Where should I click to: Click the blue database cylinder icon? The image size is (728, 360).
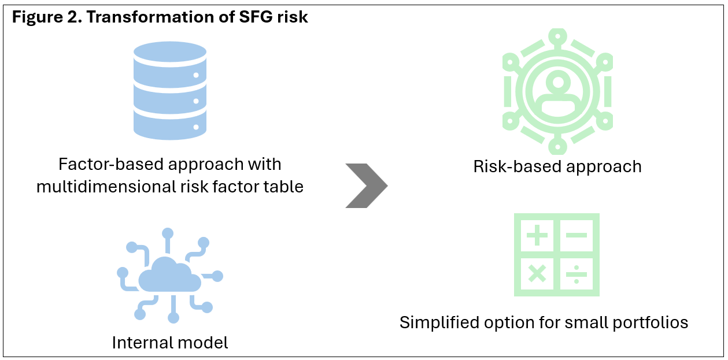pos(170,91)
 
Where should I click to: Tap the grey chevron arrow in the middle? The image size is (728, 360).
pos(367,185)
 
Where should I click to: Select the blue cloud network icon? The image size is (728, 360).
pos(170,276)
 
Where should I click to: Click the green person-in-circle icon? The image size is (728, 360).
pos(557,91)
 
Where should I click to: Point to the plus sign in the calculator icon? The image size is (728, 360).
pos(537,235)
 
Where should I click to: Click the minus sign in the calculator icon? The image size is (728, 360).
pos(577,235)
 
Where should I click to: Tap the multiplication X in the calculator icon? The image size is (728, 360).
pos(537,273)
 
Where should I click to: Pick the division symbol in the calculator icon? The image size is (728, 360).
pos(577,274)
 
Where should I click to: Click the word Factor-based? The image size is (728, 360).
pos(111,164)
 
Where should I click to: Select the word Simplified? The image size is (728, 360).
pos(439,322)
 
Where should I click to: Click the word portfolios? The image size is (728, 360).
pos(651,322)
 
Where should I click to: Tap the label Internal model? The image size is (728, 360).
pos(170,343)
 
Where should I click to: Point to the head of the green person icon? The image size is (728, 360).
pos(558,81)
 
